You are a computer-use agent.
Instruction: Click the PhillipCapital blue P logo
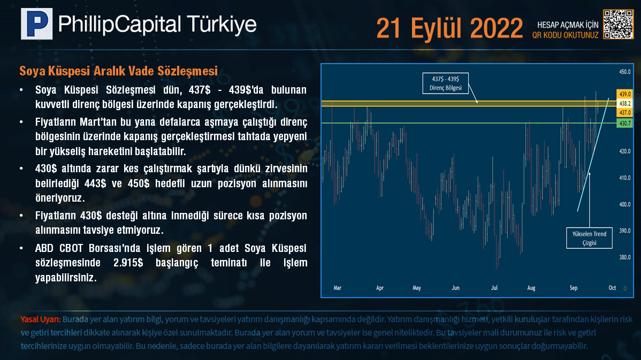coord(37,24)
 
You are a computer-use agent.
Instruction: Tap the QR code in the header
coord(618,24)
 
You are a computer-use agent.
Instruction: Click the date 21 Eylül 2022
coord(449,28)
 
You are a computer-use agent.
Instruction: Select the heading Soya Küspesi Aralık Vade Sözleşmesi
coord(119,71)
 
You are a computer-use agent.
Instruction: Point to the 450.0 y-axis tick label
coord(624,72)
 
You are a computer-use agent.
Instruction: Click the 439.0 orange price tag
coord(624,94)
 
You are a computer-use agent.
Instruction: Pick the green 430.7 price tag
coord(624,123)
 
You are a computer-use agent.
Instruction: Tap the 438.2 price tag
coord(624,103)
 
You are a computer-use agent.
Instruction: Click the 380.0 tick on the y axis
coord(624,257)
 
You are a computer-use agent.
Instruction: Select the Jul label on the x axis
coord(494,288)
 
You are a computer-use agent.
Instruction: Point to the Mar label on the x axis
coord(337,288)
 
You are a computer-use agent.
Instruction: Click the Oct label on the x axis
coord(612,288)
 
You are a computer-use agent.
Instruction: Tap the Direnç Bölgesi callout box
coord(446,83)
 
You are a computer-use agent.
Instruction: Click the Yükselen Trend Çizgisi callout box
coord(589,238)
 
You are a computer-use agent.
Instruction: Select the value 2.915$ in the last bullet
coord(128,263)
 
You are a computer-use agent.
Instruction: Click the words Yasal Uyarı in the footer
coord(41,319)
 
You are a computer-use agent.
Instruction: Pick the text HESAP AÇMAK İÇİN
coord(568,25)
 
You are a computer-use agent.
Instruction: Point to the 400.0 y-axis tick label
coord(624,204)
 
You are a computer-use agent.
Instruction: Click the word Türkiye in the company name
coord(222,24)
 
